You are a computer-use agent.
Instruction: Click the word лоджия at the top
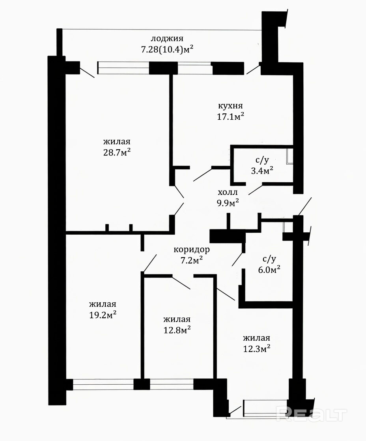click(x=167, y=39)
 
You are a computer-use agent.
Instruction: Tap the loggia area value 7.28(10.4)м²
click(x=167, y=50)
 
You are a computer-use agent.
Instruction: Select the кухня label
click(x=230, y=106)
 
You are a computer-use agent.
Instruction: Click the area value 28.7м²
click(x=117, y=152)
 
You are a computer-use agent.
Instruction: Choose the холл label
click(x=228, y=193)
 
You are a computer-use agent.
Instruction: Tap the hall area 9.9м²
click(x=228, y=203)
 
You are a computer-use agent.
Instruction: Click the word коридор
click(x=192, y=250)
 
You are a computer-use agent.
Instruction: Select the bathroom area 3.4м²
click(x=262, y=170)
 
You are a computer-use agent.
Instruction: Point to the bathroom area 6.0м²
click(x=269, y=270)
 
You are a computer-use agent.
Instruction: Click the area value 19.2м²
click(x=103, y=315)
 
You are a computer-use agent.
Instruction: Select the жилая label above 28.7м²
click(x=117, y=141)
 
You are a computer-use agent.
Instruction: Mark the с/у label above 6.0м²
click(x=269, y=259)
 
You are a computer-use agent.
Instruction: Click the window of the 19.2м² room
click(x=103, y=384)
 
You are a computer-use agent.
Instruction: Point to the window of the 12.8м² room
click(x=172, y=384)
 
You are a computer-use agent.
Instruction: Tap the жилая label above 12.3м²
click(x=257, y=338)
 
